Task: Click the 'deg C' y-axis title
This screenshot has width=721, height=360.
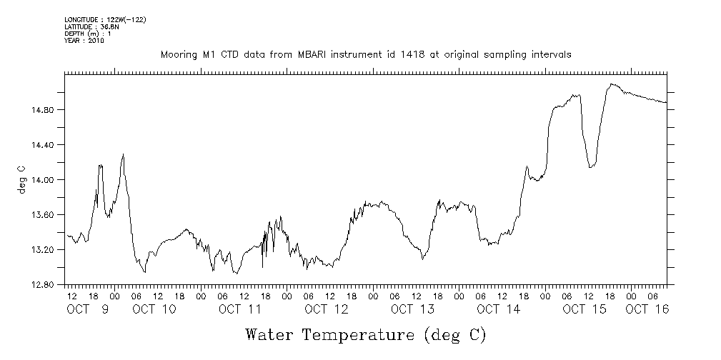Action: coord(21,179)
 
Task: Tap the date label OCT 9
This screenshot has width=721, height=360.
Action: coord(88,309)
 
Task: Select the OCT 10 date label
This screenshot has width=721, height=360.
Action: coord(154,309)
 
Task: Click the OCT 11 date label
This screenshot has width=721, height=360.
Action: coord(239,309)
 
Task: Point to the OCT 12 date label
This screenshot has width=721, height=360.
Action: coord(326,309)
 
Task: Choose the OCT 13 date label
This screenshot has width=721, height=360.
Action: coord(412,309)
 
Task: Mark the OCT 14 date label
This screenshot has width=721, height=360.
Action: coord(498,309)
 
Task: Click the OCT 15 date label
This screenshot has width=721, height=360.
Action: coord(585,309)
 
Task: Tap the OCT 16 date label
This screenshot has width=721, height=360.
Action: coord(647,309)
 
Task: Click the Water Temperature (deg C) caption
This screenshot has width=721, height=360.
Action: coord(366,334)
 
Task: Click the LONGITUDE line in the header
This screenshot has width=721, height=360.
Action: coord(105,19)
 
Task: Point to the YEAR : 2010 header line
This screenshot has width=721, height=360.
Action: coord(84,41)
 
